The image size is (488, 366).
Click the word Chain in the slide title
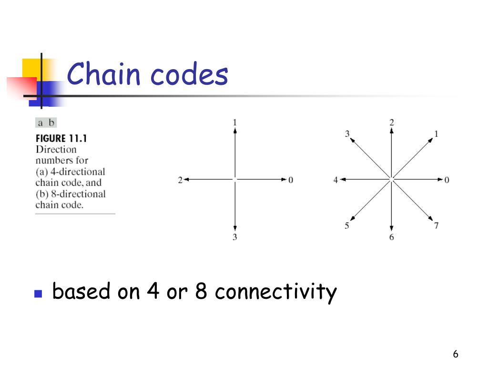click(x=103, y=75)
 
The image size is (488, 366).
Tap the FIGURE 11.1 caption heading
click(x=61, y=139)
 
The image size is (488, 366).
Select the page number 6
click(x=456, y=354)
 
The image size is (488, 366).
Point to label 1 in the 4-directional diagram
click(x=234, y=123)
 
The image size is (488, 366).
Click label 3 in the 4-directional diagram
click(x=234, y=237)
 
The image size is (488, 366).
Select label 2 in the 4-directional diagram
click(x=181, y=180)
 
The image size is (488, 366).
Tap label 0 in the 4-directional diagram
click(x=291, y=180)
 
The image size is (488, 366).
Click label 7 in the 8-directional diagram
click(x=436, y=225)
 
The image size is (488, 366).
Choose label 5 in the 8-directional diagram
click(x=347, y=225)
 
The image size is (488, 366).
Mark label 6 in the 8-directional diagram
click(x=391, y=237)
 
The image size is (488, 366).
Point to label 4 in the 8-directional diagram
click(x=335, y=180)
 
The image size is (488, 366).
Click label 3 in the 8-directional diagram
click(x=347, y=134)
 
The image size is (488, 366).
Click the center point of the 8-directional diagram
click(x=391, y=179)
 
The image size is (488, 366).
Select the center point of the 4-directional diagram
click(x=234, y=179)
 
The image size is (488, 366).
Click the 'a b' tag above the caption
click(x=46, y=123)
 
